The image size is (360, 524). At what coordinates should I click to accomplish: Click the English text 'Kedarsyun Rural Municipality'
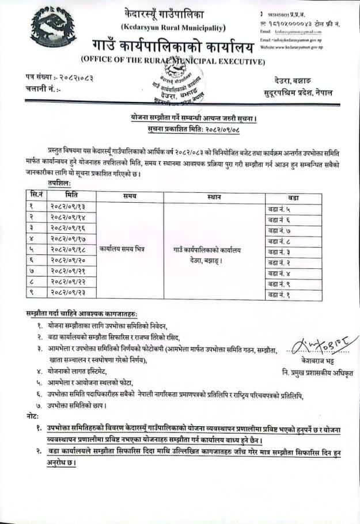173,28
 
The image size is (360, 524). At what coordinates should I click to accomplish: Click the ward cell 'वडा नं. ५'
283,209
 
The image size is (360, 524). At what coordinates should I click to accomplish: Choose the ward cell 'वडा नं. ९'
283,284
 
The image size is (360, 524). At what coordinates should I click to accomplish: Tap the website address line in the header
291,47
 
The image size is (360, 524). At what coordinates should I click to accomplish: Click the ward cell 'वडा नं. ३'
283,252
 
